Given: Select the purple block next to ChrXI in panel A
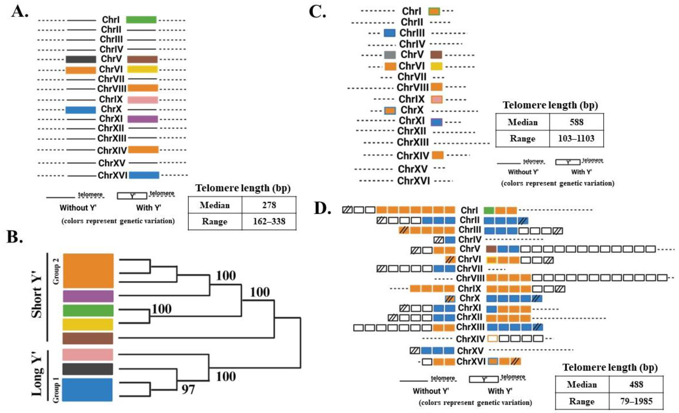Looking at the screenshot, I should pyautogui.click(x=142, y=119).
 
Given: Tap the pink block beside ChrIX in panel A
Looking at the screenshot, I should pyautogui.click(x=142, y=99).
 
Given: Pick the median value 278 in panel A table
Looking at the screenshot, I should pyautogui.click(x=269, y=205).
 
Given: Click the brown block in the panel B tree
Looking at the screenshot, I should pyautogui.click(x=88, y=338).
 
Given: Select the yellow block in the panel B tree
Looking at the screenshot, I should pyautogui.click(x=88, y=324).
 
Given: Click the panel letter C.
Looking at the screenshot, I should pyautogui.click(x=317, y=12).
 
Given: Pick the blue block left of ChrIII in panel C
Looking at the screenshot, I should pyautogui.click(x=390, y=33).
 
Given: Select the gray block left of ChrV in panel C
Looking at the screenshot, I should pyautogui.click(x=390, y=55).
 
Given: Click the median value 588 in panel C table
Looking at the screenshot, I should pyautogui.click(x=577, y=122).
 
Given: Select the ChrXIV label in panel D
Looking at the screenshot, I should pyautogui.click(x=470, y=339).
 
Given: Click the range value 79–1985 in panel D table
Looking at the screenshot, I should pyautogui.click(x=636, y=401).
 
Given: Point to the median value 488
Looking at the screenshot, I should pyautogui.click(x=636, y=384).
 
